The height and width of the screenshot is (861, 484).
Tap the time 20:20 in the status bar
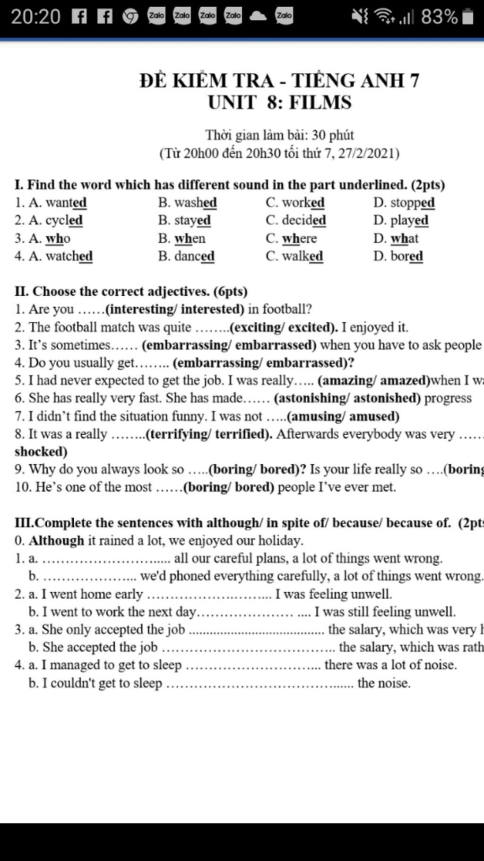pos(35,17)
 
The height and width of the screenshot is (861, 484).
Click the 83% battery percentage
pos(439,17)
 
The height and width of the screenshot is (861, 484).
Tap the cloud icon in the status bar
pos(258,16)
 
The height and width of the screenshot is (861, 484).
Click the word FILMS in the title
pos(320,103)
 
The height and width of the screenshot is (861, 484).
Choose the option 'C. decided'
pos(295,220)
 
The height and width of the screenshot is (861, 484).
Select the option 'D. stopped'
pos(404,202)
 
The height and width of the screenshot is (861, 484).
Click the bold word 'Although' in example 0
pos(56,540)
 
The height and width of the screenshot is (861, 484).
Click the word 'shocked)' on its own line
pos(41,452)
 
